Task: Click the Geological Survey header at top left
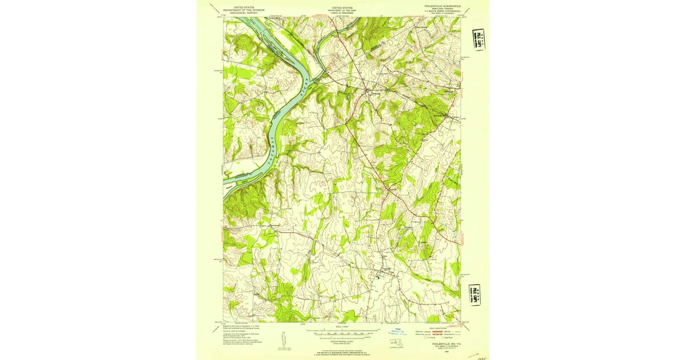click(240, 10)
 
